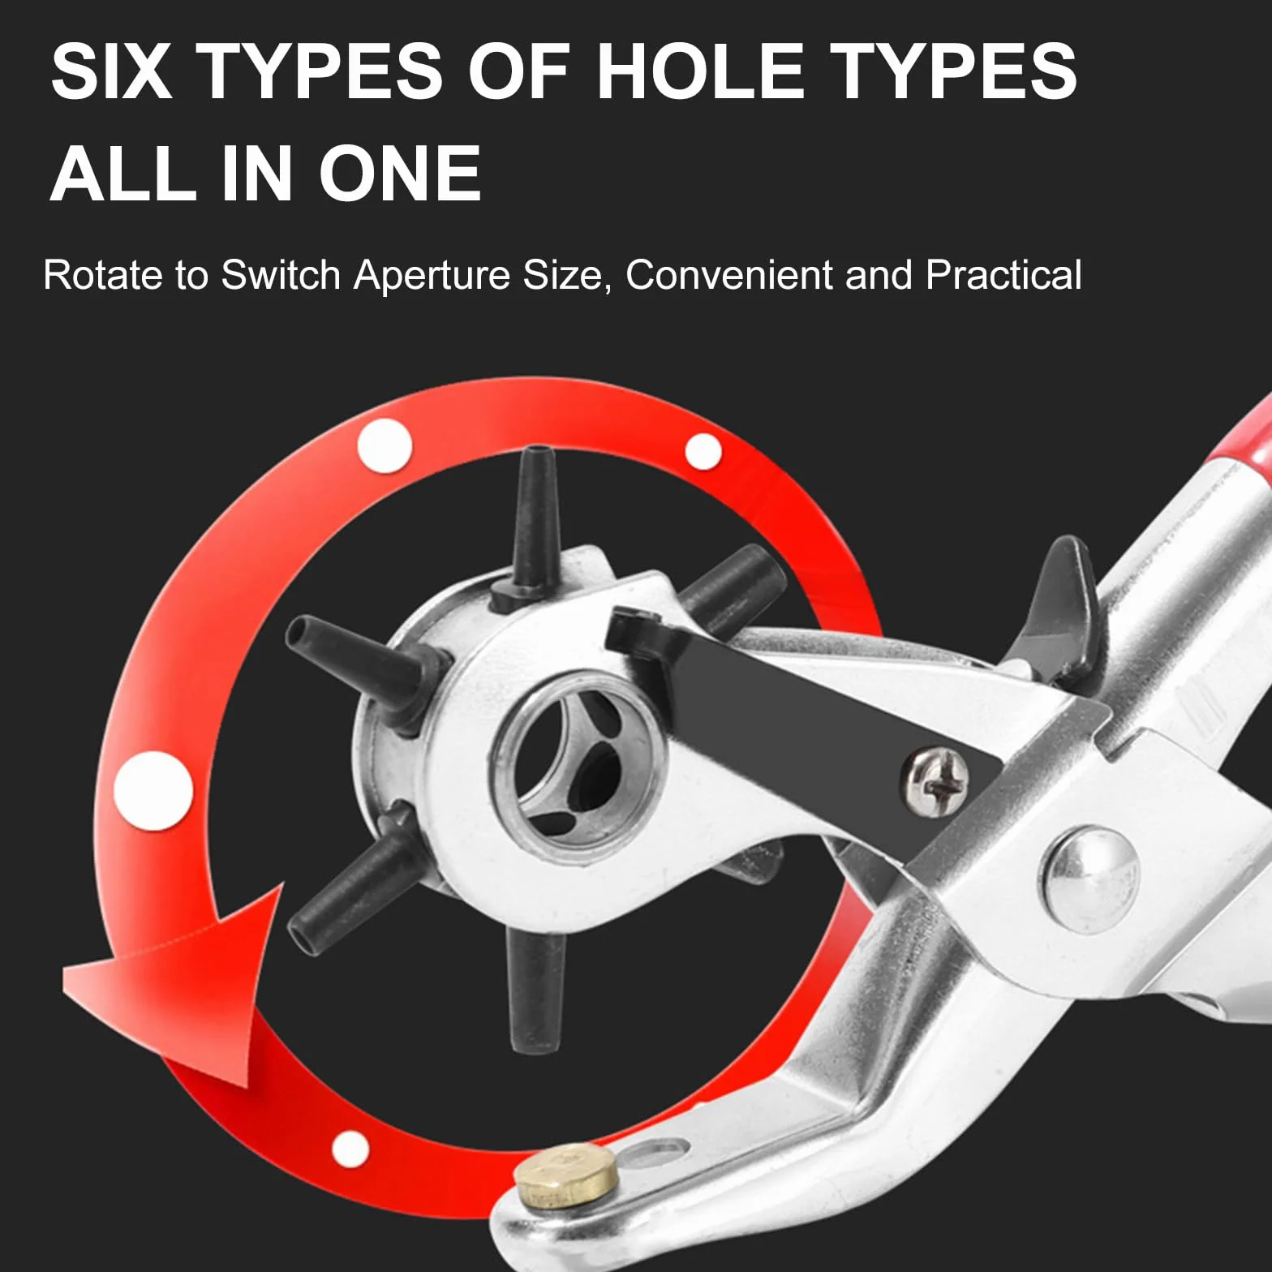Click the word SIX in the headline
112,71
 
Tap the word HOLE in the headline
699,71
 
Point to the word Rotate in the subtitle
103,275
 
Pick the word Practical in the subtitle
1003,275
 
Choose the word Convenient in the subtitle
728,275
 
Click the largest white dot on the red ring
153,790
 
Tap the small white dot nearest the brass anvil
350,1149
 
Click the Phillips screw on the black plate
935,781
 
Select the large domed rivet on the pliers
1091,879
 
